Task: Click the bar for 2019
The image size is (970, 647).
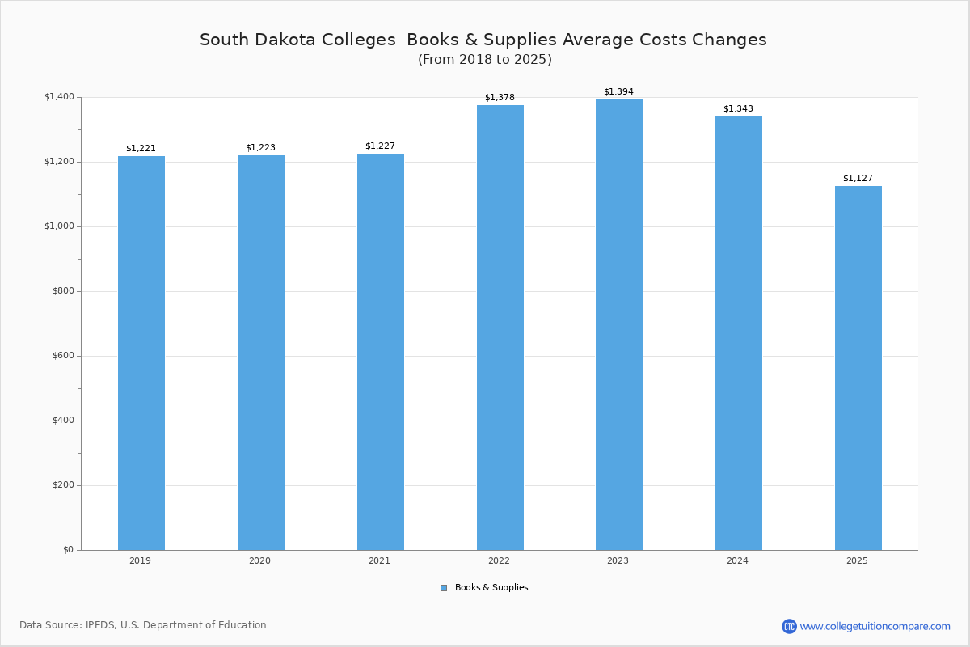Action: [141, 353]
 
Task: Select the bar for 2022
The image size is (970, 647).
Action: [500, 328]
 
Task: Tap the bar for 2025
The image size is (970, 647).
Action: [858, 368]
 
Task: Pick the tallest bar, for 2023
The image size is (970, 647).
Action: [619, 324]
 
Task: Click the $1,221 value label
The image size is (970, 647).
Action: [141, 149]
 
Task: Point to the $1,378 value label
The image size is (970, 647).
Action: [500, 98]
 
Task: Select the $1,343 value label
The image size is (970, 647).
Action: [738, 109]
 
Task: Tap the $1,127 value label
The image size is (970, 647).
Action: [858, 179]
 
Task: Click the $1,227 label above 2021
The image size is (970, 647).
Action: [380, 146]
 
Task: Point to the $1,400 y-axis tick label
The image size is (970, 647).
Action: [59, 97]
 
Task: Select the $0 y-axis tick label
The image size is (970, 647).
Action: [68, 550]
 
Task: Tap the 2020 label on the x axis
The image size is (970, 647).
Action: [260, 560]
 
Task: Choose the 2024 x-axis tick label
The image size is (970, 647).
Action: [737, 560]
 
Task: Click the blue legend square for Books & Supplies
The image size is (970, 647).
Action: [444, 588]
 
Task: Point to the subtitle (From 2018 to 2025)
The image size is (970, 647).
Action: [484, 60]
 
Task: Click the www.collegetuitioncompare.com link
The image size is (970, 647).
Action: [875, 626]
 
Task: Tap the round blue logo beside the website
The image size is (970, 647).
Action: [789, 626]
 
